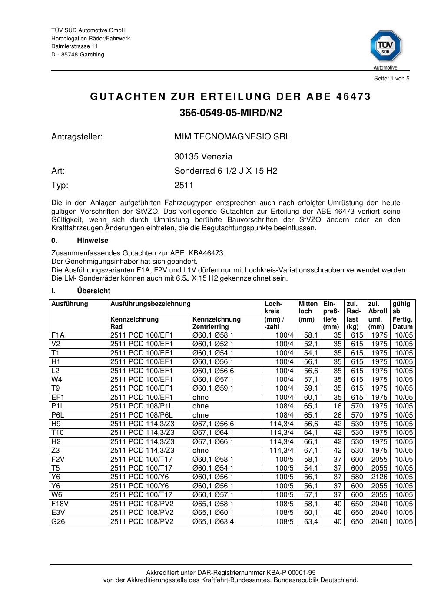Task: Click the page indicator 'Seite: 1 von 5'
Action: [x=391, y=79]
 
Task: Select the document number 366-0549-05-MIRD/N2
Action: [x=231, y=113]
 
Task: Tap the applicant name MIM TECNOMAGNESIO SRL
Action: [x=232, y=137]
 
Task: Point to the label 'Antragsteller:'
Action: [x=77, y=137]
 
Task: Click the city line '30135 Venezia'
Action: [x=203, y=157]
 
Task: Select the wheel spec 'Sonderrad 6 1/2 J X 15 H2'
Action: [x=225, y=171]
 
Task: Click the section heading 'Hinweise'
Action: [x=93, y=241]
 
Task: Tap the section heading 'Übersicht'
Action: [x=93, y=291]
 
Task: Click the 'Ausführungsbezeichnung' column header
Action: [x=150, y=304]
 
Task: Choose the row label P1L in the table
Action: [x=57, y=406]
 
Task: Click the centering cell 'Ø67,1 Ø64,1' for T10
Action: [x=213, y=433]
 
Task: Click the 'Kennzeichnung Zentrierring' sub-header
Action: [x=216, y=323]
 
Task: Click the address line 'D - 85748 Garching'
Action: [x=78, y=55]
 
